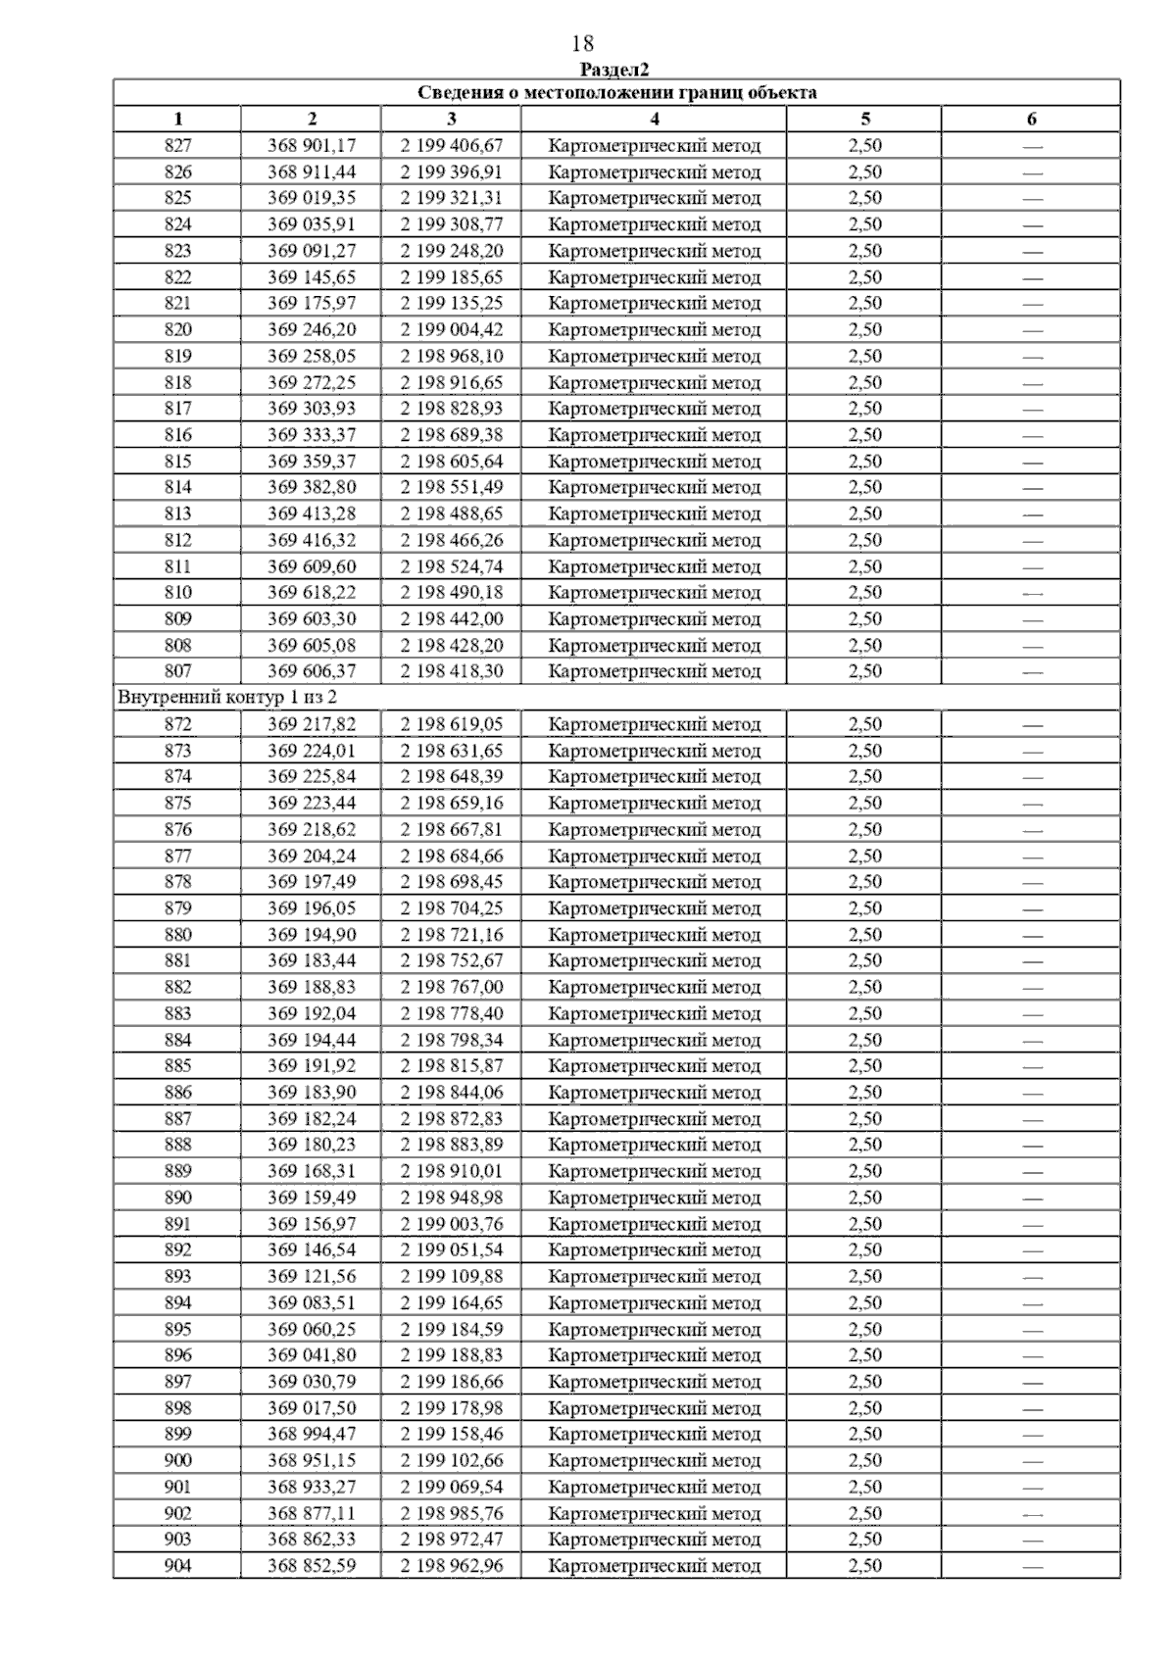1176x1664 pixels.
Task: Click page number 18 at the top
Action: click(582, 44)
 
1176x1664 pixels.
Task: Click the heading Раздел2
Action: click(615, 70)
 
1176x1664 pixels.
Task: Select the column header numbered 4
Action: click(654, 120)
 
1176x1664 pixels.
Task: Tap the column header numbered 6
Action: click(1031, 120)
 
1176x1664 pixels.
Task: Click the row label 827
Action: click(178, 146)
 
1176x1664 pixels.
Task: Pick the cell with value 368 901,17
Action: click(312, 146)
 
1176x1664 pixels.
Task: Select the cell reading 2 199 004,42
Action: click(451, 330)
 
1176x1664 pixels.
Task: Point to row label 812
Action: click(178, 540)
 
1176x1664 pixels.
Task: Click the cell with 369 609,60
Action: click(312, 566)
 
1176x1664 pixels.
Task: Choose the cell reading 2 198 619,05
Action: click(451, 724)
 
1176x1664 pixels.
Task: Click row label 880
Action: click(178, 935)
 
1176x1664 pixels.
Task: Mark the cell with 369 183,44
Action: click(312, 960)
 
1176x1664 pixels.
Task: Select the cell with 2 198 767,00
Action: click(451, 987)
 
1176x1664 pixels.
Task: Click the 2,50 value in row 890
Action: click(864, 1198)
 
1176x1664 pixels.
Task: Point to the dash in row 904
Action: click(1031, 1566)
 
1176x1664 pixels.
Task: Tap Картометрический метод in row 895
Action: click(654, 1329)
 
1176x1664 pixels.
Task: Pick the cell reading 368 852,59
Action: click(312, 1566)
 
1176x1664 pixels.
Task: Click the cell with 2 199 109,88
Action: click(451, 1276)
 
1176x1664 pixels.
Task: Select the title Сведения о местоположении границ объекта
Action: click(617, 93)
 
